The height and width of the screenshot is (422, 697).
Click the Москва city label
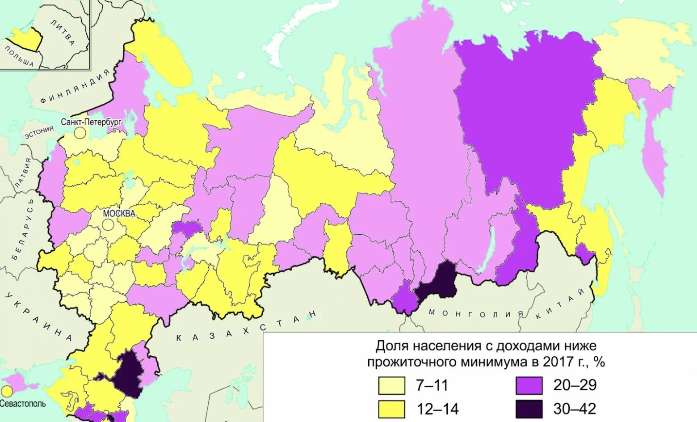click(x=119, y=214)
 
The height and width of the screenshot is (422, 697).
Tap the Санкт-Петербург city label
click(x=91, y=122)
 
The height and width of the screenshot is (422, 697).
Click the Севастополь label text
click(x=22, y=404)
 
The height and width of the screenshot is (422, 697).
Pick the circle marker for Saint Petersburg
click(x=80, y=133)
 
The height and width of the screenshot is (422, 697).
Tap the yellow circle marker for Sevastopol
click(x=7, y=392)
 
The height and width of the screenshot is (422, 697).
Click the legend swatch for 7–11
click(x=391, y=385)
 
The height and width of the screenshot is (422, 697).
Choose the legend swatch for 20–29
click(x=529, y=385)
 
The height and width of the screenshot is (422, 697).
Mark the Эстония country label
click(x=39, y=133)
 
